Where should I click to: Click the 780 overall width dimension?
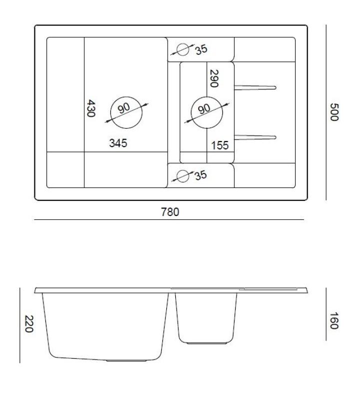point(170,212)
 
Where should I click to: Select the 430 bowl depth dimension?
point(90,108)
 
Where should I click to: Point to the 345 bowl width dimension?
point(118,143)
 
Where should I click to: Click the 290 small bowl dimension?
point(214,79)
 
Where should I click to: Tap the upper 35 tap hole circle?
point(183,49)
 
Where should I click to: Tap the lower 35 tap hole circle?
point(183,176)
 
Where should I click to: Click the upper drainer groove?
point(255,88)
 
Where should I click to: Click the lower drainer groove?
point(255,136)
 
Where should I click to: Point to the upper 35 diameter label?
point(201,49)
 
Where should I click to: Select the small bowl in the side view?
point(206,317)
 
